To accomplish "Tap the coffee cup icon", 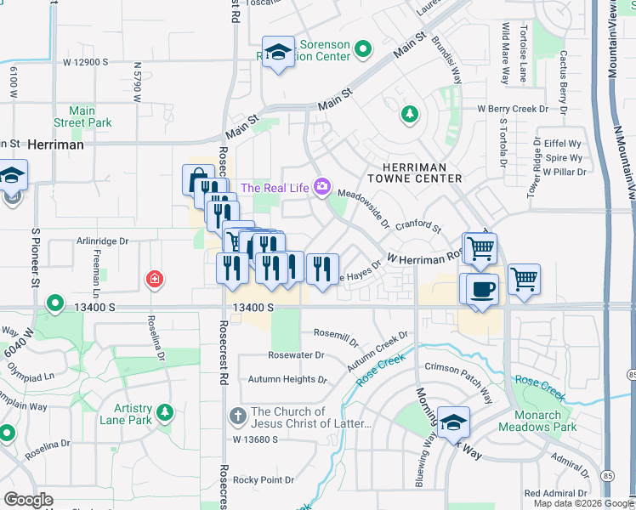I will (482, 288).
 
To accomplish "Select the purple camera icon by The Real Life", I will (321, 187).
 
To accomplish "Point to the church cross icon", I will (239, 417).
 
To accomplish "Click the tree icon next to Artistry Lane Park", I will (163, 414).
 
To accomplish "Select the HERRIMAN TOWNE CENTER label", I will (414, 172).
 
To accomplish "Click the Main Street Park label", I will (82, 116).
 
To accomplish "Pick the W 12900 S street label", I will (86, 62).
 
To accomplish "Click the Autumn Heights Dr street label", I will (287, 379).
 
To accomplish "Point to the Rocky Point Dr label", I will (264, 480).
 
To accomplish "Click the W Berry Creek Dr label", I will (521, 109).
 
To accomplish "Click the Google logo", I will (28, 500).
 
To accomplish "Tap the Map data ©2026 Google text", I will (582, 503).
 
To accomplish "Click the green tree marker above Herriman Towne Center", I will (410, 113).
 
